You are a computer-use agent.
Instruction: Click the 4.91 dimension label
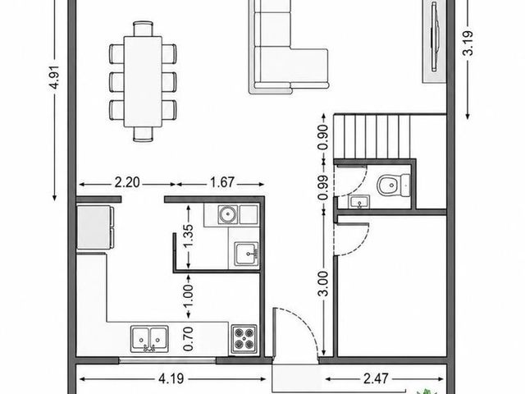pyautogui.click(x=54, y=76)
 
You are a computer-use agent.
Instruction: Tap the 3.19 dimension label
pyautogui.click(x=468, y=43)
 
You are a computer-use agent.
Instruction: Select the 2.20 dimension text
pyautogui.click(x=127, y=182)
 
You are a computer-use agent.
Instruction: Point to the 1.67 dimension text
pyautogui.click(x=222, y=182)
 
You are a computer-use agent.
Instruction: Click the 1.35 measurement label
pyautogui.click(x=188, y=236)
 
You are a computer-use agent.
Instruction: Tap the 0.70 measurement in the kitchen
pyautogui.click(x=188, y=339)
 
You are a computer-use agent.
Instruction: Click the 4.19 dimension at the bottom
pyautogui.click(x=171, y=379)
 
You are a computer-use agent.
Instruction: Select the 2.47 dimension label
pyautogui.click(x=376, y=379)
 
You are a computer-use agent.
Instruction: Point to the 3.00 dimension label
pyautogui.click(x=323, y=284)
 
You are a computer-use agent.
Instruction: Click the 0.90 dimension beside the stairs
pyautogui.click(x=323, y=137)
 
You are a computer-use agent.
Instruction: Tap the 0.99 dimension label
pyautogui.click(x=323, y=188)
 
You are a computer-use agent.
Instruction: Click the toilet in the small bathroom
pyautogui.click(x=393, y=186)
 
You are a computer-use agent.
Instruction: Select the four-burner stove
pyautogui.click(x=244, y=338)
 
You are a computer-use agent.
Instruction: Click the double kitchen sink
pyautogui.click(x=149, y=339)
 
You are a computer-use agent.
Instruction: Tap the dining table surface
pyautogui.click(x=143, y=81)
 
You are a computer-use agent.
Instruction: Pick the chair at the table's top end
pyautogui.click(x=143, y=28)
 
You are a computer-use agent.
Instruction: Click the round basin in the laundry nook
pyautogui.click(x=228, y=214)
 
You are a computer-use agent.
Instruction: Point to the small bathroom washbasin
pyautogui.click(x=359, y=203)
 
